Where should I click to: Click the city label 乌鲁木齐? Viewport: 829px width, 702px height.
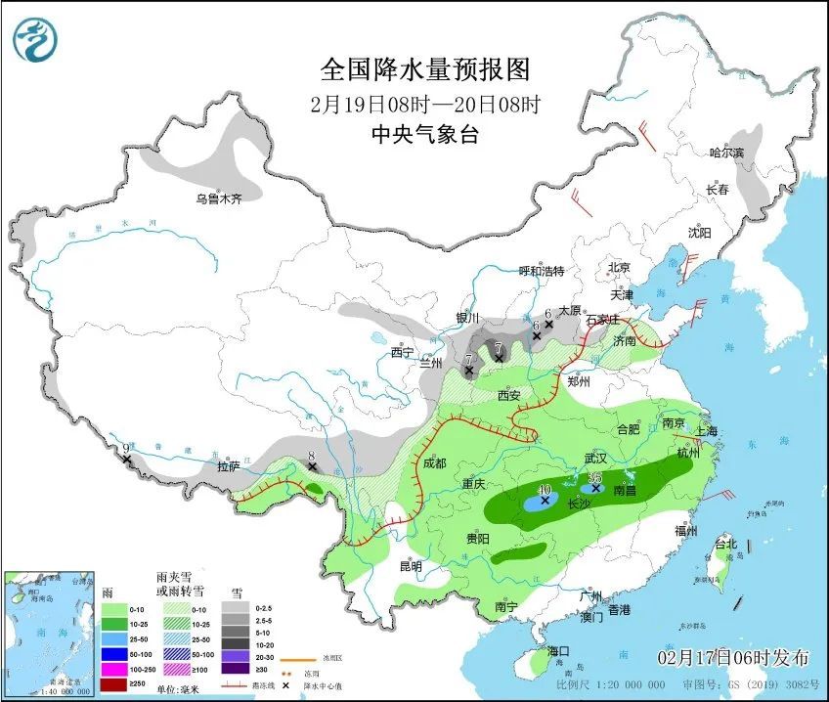pyautogui.click(x=217, y=198)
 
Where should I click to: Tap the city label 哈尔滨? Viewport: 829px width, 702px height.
pyautogui.click(x=726, y=153)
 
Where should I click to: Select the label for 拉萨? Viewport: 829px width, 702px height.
pyautogui.click(x=228, y=466)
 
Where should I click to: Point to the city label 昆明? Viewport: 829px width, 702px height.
pyautogui.click(x=410, y=566)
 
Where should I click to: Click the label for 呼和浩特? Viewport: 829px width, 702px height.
pyautogui.click(x=541, y=271)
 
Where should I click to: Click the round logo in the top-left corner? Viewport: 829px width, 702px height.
pyautogui.click(x=35, y=39)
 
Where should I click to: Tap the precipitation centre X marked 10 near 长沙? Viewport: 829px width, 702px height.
pyautogui.click(x=545, y=500)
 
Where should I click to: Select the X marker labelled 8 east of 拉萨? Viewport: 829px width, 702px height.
pyautogui.click(x=312, y=466)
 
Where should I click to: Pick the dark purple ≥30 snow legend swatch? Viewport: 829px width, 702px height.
pyautogui.click(x=234, y=669)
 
